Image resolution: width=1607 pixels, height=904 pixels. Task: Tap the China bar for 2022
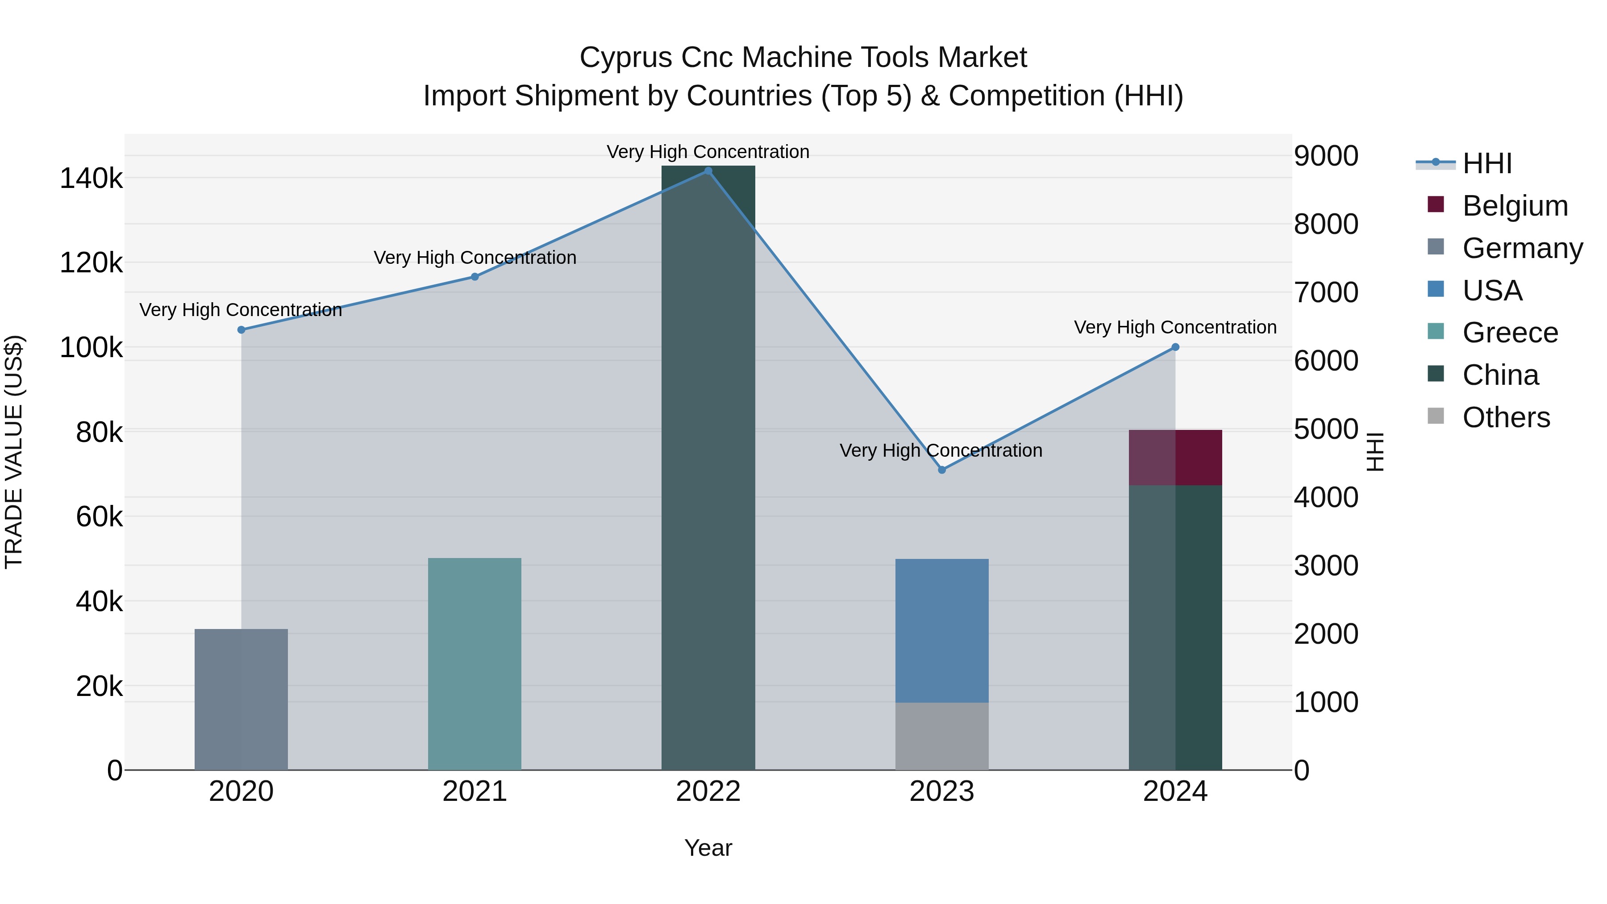click(708, 468)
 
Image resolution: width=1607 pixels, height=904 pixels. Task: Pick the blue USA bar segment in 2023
click(941, 630)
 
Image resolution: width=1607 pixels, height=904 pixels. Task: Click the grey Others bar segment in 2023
click(941, 736)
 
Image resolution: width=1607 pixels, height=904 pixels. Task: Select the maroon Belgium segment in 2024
click(1175, 457)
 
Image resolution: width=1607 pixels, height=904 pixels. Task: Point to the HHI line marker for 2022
click(708, 171)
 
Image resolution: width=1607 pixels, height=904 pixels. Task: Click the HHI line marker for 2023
click(942, 470)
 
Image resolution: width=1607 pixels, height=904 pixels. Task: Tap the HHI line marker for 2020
click(241, 330)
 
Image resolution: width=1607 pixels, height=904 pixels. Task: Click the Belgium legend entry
click(1515, 206)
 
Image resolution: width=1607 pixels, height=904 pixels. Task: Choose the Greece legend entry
click(1510, 333)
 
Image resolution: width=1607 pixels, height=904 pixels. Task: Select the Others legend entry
click(1506, 417)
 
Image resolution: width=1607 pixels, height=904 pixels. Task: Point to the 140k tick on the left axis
click(91, 179)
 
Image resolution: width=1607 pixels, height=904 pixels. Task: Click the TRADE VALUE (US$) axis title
click(14, 452)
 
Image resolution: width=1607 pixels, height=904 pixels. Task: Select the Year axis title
click(708, 848)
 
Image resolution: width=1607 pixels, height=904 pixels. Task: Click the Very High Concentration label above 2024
click(1175, 328)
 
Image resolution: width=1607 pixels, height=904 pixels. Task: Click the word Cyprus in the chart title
click(626, 58)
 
